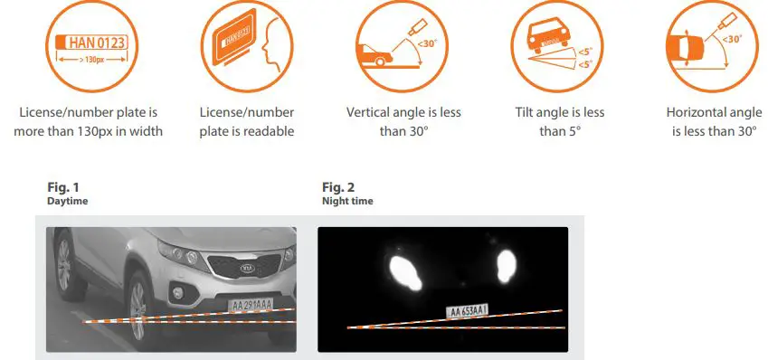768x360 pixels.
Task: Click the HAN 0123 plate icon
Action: tap(88, 43)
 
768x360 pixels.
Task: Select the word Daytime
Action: tap(67, 201)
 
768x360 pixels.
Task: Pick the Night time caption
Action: tap(347, 201)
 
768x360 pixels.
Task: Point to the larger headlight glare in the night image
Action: tap(405, 270)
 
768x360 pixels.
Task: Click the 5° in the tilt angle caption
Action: tap(574, 131)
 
